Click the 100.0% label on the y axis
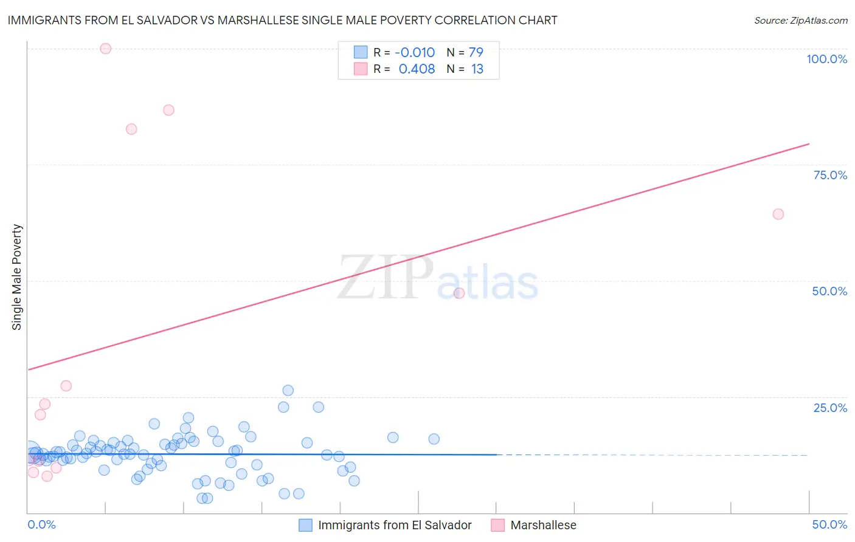tap(826, 59)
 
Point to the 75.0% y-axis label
tap(830, 175)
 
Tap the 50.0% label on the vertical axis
tap(829, 291)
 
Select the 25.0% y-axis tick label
tap(830, 408)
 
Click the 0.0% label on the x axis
tap(41, 524)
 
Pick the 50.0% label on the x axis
tap(829, 524)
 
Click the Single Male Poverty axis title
tap(17, 277)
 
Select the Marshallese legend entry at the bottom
tap(543, 525)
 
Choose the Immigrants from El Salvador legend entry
tap(395, 525)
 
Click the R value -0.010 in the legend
tap(415, 53)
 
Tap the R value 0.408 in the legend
tap(417, 69)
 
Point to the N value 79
tap(476, 53)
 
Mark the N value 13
tap(477, 69)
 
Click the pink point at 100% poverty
tap(106, 49)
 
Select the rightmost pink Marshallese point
tap(778, 214)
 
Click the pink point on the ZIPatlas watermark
tap(459, 293)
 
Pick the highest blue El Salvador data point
tap(288, 390)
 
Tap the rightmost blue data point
tap(434, 439)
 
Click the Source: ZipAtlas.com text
tap(800, 21)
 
